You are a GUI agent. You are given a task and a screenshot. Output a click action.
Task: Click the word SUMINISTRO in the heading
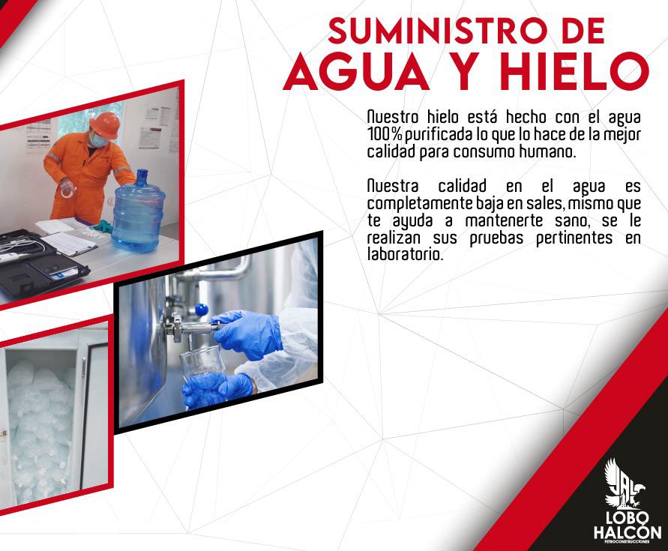pos(436,31)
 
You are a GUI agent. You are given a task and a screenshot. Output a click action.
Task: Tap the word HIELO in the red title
pos(574,71)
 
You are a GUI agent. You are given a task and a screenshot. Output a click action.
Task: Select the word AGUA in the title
pos(356,71)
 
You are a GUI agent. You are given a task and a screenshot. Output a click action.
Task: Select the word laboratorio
pos(405,254)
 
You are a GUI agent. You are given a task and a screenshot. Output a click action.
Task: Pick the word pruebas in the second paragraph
pos(496,238)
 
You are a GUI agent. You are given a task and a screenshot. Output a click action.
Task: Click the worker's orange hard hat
pos(105,124)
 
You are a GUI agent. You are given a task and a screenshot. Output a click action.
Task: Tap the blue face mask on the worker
pos(98,139)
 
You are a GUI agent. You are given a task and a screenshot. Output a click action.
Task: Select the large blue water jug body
pos(138,217)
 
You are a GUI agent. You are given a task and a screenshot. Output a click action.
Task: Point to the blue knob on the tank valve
pos(201,310)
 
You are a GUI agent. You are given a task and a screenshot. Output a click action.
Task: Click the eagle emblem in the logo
pos(624,484)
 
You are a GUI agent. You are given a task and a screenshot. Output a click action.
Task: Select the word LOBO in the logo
pos(628,518)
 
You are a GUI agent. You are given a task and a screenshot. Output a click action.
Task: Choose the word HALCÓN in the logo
pos(628,532)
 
